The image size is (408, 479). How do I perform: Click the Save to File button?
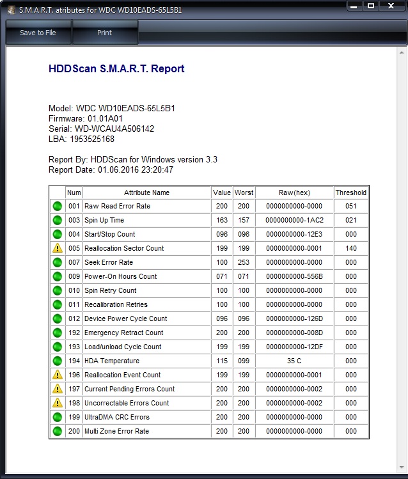coord(38,33)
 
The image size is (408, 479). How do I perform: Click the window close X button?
coord(390,6)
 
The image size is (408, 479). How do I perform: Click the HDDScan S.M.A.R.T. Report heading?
coord(116,69)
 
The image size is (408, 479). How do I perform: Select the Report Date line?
coord(111,169)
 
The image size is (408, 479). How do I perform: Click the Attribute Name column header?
coord(146,192)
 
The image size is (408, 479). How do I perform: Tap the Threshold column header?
coord(350,192)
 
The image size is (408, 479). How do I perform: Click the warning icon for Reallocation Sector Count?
coord(58,248)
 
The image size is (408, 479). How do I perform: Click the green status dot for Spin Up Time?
coord(58,220)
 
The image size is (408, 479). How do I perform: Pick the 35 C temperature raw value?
coord(294,361)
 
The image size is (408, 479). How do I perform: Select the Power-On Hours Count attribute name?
coord(120,276)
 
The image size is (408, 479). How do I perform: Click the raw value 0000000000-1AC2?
coord(294,220)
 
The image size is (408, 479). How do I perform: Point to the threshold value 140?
coord(350,248)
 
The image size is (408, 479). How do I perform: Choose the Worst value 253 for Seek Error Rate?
coord(244,262)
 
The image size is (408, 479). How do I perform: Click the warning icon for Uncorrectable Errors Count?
coord(58,403)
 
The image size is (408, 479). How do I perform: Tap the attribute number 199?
coord(74,417)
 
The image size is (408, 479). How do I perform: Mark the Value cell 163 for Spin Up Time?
coord(221,220)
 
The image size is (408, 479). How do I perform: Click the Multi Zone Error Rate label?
coord(116,431)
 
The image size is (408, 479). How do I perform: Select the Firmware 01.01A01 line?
coord(86,118)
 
